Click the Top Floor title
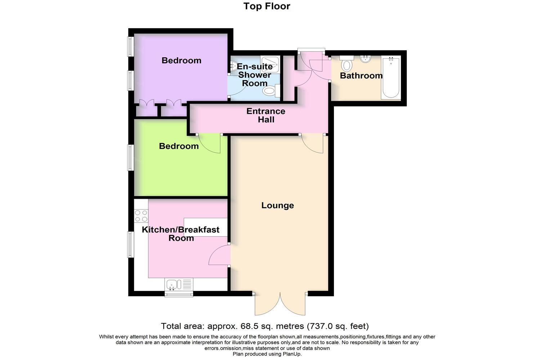[267, 6]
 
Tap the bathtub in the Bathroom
[391, 77]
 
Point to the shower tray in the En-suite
[270, 63]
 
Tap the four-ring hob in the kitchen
[141, 216]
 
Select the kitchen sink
[173, 285]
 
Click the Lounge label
[277, 206]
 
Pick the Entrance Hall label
[266, 115]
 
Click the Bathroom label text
[361, 76]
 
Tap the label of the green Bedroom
[179, 146]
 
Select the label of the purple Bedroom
[181, 60]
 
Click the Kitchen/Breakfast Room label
[180, 234]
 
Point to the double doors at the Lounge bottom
[280, 304]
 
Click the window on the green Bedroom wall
[131, 157]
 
